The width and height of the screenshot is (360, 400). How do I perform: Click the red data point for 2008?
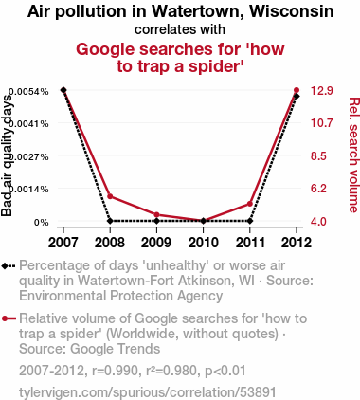(x=110, y=196)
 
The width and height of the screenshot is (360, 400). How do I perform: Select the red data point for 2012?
(x=297, y=90)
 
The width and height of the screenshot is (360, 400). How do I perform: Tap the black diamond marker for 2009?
(x=156, y=221)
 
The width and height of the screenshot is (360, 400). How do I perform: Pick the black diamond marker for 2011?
(x=250, y=221)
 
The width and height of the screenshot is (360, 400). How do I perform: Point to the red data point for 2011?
(x=250, y=204)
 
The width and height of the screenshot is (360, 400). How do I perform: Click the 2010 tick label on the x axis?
(x=204, y=243)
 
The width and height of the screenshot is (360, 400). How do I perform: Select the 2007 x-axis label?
(x=63, y=243)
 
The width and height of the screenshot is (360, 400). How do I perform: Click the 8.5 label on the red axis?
(x=318, y=156)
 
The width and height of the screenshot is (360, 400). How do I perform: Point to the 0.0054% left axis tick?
(x=28, y=92)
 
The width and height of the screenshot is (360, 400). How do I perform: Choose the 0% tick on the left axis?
(x=42, y=223)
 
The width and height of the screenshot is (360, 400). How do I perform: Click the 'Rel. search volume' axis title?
(x=353, y=155)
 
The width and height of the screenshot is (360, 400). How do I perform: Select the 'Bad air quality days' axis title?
(x=7, y=155)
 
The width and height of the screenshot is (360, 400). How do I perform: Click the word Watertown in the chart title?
(x=198, y=11)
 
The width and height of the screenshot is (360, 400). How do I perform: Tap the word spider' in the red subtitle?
(x=216, y=66)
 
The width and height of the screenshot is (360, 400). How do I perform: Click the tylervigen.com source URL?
(x=148, y=392)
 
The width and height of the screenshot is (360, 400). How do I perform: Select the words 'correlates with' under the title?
(x=180, y=29)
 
